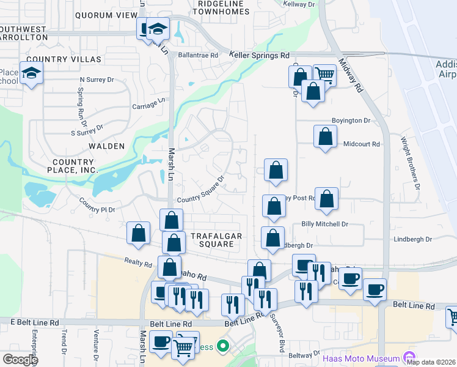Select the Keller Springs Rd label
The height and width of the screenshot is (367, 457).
[259, 55]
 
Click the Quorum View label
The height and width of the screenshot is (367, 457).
[105, 15]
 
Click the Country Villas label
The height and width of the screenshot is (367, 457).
[64, 59]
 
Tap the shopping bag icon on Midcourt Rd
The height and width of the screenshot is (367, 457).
[326, 136]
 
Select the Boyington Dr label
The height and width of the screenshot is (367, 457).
[351, 120]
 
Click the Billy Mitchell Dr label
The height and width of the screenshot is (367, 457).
[324, 224]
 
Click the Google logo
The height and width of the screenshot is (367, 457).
[20, 359]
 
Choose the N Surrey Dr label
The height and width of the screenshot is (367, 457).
[97, 80]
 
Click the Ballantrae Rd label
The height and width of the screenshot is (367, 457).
[198, 55]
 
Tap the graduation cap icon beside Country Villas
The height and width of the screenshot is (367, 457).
[30, 73]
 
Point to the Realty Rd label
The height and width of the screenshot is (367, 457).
[139, 263]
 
